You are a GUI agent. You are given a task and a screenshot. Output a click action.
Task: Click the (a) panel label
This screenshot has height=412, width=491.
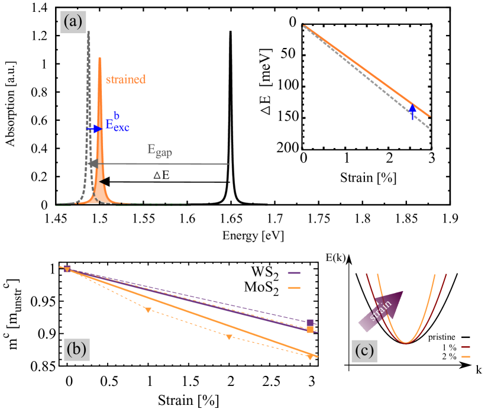73,22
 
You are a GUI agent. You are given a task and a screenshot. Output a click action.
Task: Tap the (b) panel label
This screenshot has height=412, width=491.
76,349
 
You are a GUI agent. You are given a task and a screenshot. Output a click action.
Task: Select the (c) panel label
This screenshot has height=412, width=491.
364,351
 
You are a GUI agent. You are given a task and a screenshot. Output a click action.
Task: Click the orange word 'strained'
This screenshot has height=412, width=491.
125,79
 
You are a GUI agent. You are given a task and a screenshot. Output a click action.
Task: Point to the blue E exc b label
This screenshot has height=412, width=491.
117,124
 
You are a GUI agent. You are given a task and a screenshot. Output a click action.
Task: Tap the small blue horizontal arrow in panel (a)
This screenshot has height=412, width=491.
94,128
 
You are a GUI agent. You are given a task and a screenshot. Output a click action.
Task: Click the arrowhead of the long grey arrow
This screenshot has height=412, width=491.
92,163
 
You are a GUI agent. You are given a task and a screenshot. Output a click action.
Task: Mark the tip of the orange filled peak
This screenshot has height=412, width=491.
100,59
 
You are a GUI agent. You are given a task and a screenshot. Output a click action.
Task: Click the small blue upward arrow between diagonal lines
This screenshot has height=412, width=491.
412,111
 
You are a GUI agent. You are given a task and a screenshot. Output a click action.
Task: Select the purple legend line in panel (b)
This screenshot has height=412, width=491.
294,273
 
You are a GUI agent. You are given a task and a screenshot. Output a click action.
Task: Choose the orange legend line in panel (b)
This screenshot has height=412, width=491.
294,288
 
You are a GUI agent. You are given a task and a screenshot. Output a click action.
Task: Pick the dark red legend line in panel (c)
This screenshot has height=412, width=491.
466,347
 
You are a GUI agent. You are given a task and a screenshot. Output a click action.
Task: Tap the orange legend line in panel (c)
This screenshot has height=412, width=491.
466,356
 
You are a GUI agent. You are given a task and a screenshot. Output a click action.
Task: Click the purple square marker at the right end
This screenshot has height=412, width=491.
310,323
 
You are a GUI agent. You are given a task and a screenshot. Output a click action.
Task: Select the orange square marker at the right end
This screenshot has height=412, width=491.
310,329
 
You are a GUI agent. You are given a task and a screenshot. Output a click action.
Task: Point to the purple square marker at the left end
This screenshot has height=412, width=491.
67,268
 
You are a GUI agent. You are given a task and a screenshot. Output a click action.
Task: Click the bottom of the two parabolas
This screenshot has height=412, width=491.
406,342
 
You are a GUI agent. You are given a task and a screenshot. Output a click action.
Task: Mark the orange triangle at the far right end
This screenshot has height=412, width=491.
310,356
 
